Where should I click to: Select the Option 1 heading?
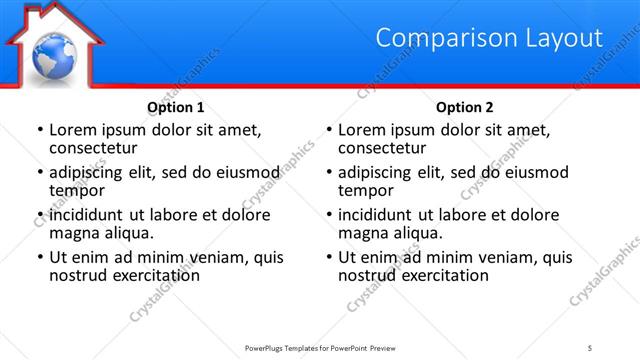176,106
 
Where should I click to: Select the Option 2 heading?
465,106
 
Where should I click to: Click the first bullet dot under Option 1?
39,130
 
